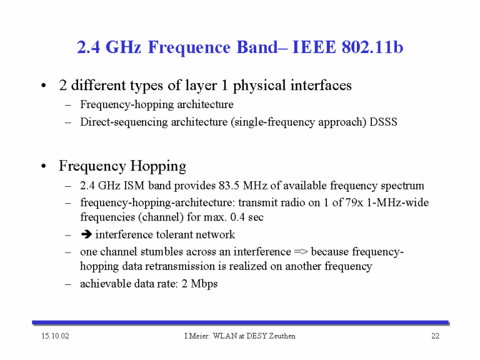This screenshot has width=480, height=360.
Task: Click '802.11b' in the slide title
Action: click(x=372, y=47)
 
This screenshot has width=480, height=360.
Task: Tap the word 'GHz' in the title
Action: click(x=123, y=47)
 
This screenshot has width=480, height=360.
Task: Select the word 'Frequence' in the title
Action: click(x=189, y=47)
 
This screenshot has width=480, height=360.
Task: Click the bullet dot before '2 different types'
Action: click(x=44, y=86)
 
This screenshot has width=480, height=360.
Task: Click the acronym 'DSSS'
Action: click(x=383, y=122)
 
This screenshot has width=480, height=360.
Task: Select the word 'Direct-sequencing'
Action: click(x=124, y=122)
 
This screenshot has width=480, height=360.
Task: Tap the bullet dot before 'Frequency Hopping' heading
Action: click(x=44, y=166)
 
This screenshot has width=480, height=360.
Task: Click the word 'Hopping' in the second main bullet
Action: click(x=158, y=166)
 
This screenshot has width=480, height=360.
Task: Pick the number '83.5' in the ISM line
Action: click(x=229, y=186)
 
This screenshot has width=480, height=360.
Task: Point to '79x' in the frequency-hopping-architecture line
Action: click(x=354, y=202)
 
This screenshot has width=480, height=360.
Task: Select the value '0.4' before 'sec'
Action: click(x=237, y=217)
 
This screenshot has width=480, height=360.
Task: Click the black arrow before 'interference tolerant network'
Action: click(x=87, y=234)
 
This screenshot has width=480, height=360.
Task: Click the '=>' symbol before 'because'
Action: click(x=301, y=252)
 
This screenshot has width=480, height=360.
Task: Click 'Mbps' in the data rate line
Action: click(x=204, y=284)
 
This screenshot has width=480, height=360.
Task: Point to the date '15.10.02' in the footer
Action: click(x=56, y=336)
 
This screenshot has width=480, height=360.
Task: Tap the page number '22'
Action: click(x=435, y=336)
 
